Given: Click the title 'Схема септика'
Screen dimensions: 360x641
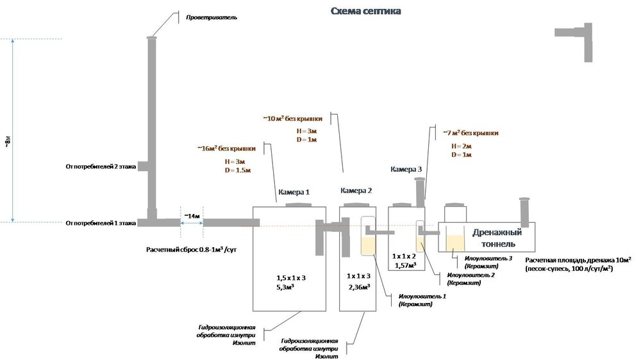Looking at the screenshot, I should click(366, 12).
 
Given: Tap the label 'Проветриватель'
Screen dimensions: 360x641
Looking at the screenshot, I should click(212, 17).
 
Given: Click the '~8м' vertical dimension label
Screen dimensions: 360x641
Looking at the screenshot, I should click(7, 143).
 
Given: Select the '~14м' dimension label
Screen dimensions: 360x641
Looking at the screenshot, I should click(192, 215).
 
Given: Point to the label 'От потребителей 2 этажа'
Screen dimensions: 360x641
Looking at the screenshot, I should click(101, 167).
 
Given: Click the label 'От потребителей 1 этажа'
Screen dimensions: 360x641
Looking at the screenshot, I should click(101, 224).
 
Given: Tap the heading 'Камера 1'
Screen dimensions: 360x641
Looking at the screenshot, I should click(294, 192).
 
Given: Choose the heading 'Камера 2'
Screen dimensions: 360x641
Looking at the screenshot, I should click(356, 191).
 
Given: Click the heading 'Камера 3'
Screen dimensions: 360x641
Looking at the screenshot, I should click(406, 169).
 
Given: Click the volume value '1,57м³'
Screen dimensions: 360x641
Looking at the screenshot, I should click(404, 265).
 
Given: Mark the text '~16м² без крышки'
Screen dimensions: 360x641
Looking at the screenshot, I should click(228, 149).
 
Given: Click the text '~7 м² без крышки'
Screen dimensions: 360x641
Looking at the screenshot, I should click(470, 133).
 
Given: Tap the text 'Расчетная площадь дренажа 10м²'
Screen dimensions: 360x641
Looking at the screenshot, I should click(578, 260).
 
